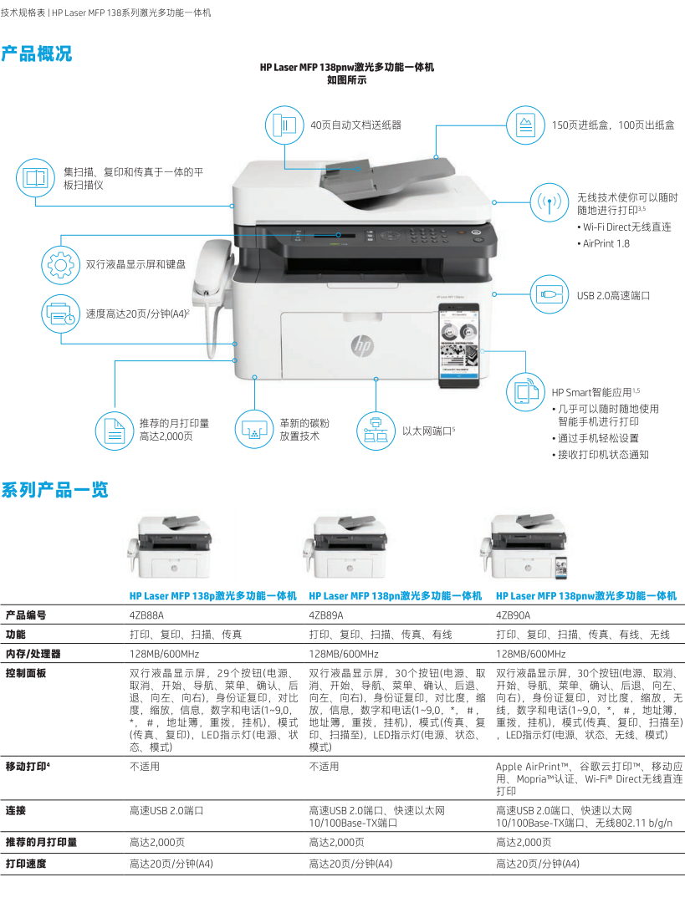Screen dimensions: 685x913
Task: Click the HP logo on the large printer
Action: [x=361, y=344]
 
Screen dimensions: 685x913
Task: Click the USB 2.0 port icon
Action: [x=548, y=294]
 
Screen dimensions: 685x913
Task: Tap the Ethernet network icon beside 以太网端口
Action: [x=375, y=431]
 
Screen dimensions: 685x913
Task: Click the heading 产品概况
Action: [x=37, y=54]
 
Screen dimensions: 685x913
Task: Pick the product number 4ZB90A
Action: [x=513, y=615]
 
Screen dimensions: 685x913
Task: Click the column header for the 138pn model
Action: [x=395, y=596]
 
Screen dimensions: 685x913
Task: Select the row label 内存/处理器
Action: [x=33, y=654]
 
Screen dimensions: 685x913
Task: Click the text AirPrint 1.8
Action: [x=606, y=243]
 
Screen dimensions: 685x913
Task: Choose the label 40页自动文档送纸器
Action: [x=355, y=125]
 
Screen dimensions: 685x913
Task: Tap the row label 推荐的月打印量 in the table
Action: [x=41, y=842]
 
